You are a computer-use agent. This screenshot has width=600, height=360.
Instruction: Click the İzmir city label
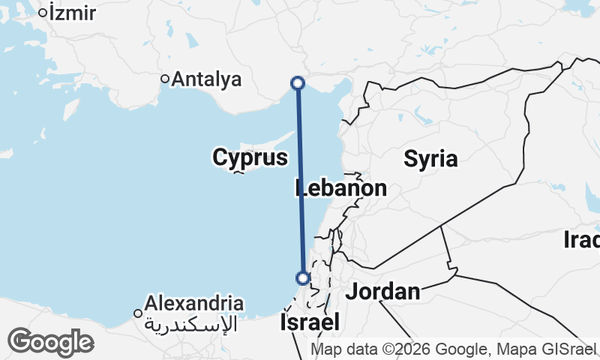point(72,12)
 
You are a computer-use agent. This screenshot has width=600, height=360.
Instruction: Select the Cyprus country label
point(250,157)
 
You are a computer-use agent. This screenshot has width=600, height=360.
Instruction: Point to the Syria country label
point(430,158)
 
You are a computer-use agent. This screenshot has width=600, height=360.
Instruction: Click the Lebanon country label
point(341,188)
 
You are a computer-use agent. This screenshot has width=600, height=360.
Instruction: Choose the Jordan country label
point(382,292)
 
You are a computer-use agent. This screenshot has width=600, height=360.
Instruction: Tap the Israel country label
point(309,322)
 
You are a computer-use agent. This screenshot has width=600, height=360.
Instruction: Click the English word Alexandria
point(194,304)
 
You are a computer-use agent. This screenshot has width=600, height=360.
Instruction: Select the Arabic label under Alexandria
point(190,324)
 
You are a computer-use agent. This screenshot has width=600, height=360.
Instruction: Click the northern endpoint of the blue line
point(298,82)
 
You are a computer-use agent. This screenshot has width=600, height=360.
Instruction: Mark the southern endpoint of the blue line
point(303,278)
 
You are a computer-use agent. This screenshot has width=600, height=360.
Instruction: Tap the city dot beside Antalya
point(165,79)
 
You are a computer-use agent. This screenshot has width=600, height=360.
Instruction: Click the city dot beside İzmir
point(43,12)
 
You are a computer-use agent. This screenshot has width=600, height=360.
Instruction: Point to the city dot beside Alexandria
point(138,313)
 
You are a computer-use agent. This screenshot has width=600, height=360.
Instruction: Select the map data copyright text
point(453,349)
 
